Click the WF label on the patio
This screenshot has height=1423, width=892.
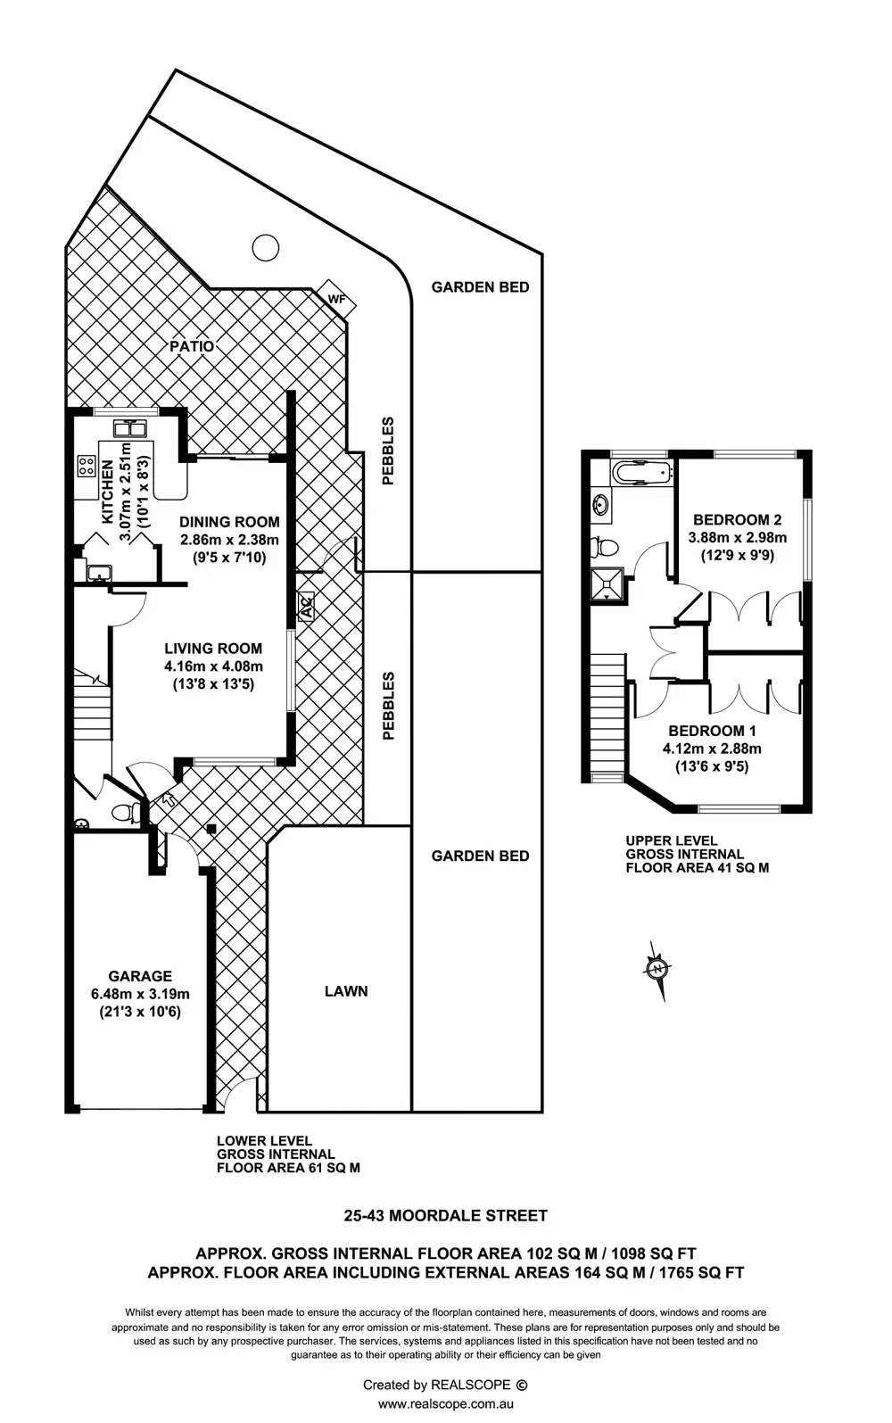(335, 300)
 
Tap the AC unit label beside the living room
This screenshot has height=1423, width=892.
(305, 608)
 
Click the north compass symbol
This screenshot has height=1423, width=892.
(657, 969)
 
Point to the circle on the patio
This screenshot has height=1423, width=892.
(265, 247)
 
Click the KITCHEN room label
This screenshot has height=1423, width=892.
(107, 492)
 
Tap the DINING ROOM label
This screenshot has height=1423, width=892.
(229, 522)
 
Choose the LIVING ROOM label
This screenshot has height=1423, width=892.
(213, 649)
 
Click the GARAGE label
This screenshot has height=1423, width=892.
(140, 976)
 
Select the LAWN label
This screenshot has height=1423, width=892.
(346, 991)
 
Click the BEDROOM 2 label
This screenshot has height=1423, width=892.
(738, 519)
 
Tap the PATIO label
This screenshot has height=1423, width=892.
(192, 346)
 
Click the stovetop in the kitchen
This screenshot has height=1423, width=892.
(87, 465)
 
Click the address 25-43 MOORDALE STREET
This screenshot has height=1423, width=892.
(446, 1215)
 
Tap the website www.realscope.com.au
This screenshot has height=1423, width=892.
(446, 1403)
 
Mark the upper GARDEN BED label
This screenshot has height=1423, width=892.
(480, 287)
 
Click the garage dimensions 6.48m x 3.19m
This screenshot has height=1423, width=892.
(140, 994)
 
